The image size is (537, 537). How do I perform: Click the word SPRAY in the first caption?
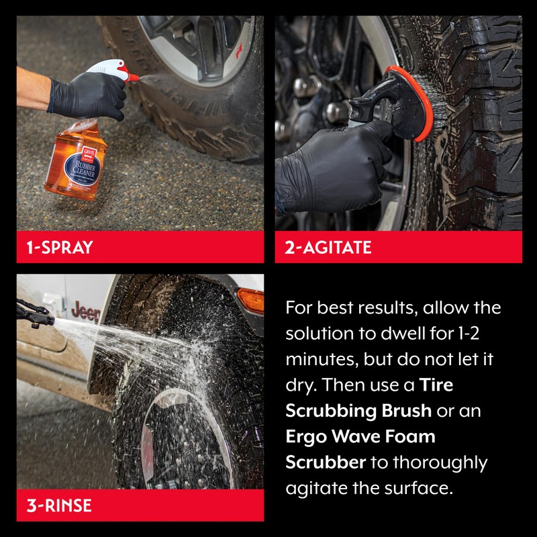(x=66, y=248)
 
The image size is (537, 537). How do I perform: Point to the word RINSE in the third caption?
(x=68, y=505)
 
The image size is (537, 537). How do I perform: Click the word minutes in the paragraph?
(x=318, y=359)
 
